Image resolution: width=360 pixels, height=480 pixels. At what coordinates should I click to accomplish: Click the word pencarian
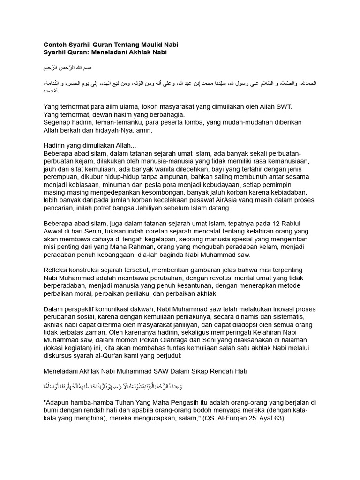(59, 208)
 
